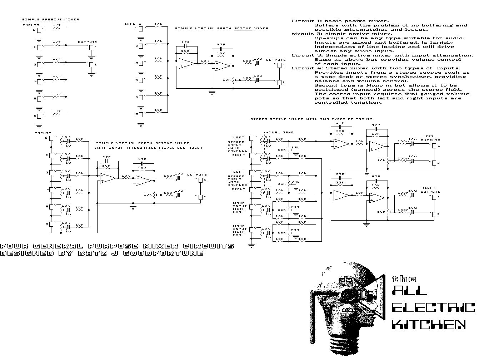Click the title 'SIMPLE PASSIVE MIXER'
pos(50,19)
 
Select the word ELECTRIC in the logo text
pos(433,307)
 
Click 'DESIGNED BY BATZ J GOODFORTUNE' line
pos(102,253)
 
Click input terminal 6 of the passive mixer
pos(39,116)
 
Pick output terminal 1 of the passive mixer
pos(91,47)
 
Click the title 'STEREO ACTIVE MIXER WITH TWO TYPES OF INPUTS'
pos(311,119)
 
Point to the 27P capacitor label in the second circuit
pos(185,42)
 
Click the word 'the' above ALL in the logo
pos(404,279)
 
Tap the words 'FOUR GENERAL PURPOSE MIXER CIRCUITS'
pos(117,246)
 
